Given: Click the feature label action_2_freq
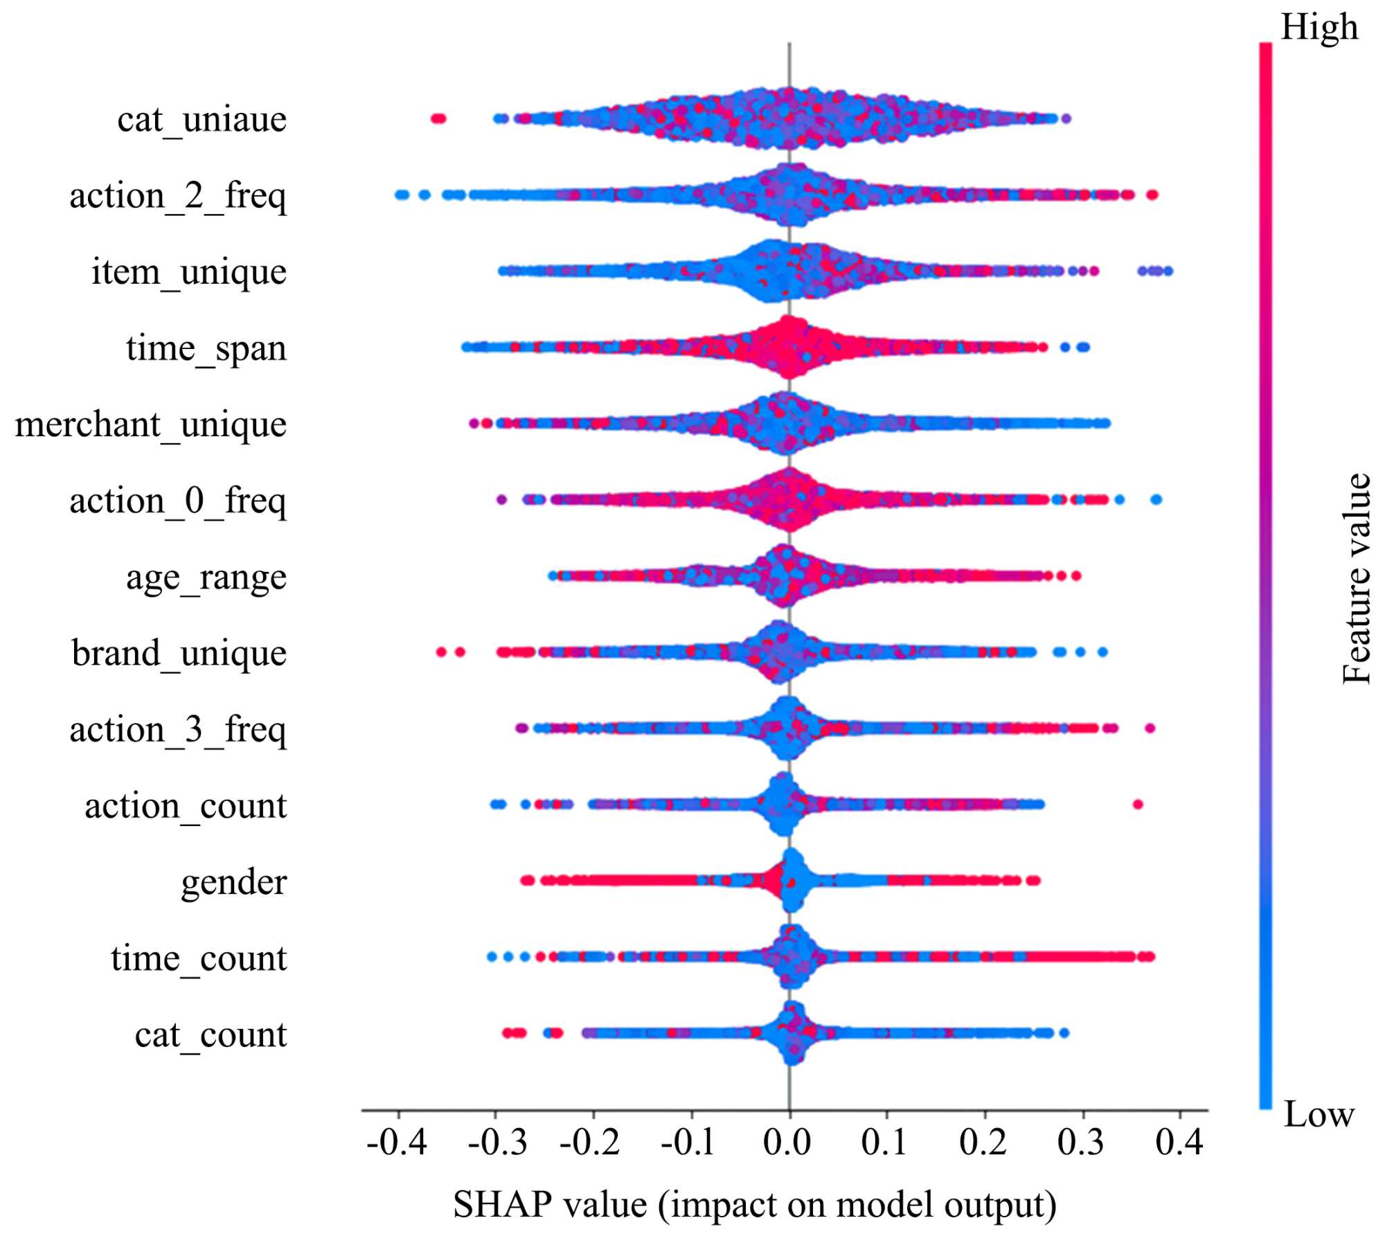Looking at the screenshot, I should point(177,197).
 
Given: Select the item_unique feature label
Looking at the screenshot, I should point(188,273).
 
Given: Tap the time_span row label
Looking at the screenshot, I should point(206,349).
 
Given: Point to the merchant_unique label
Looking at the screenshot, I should point(150,425).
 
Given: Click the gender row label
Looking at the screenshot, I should point(233,883).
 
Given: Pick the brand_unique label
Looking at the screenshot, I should point(179,654).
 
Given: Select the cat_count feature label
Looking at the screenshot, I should point(211,1035).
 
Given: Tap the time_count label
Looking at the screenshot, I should point(199,959).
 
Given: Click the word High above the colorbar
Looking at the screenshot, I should point(1319,28).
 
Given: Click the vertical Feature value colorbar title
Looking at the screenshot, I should point(1356,579).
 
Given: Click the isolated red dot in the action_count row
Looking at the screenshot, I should point(1137,805).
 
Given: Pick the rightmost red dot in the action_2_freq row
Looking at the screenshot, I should point(1152,195).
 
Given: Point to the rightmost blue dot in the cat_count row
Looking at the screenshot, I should point(1064,1033).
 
